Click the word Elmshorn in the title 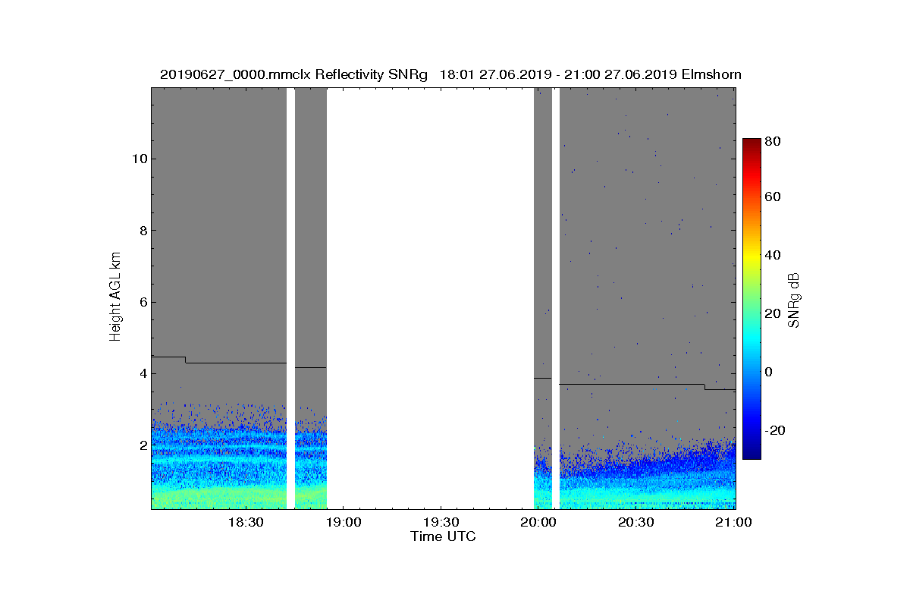tap(711, 74)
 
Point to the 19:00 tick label tap(344, 522)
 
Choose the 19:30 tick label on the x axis tap(441, 522)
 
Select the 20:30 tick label tap(636, 522)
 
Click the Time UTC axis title tap(444, 536)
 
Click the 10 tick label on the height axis tap(138, 159)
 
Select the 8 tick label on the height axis tap(141, 231)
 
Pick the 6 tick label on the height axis tap(141, 302)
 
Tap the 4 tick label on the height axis tap(141, 374)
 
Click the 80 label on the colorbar tap(773, 140)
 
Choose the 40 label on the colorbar tap(773, 255)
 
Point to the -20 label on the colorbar tap(776, 430)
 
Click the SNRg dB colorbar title tap(794, 299)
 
